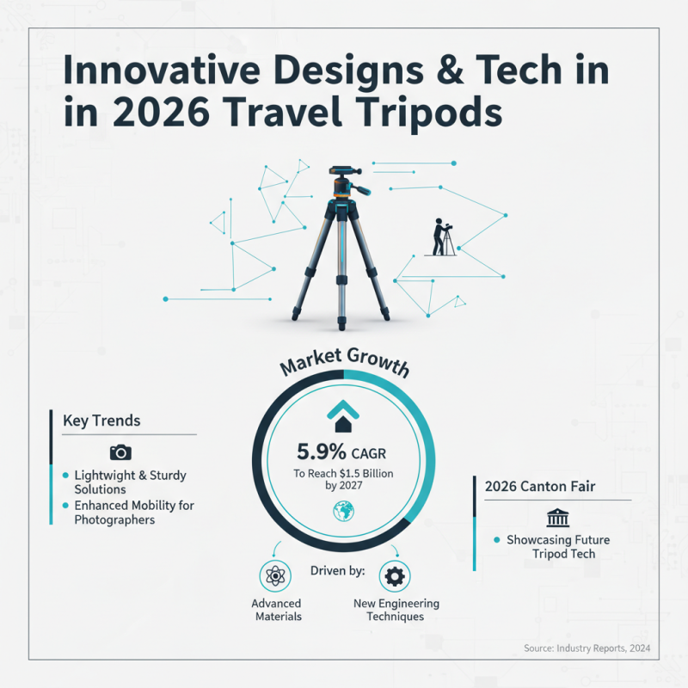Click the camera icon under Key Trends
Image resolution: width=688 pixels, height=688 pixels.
(120, 452)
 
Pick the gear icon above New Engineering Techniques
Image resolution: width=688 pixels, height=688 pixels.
(395, 575)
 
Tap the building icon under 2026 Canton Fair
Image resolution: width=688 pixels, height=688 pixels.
(557, 518)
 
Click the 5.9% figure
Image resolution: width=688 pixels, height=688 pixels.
(321, 451)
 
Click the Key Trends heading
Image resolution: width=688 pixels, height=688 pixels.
(101, 421)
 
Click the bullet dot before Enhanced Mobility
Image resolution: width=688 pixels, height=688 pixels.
(65, 506)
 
